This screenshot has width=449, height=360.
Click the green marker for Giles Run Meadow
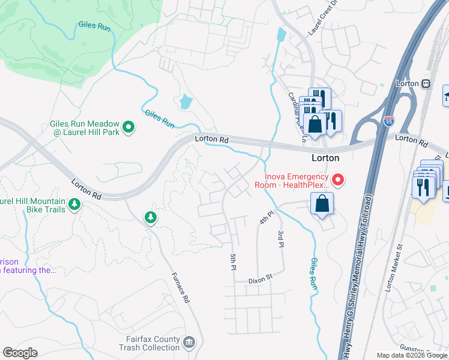point(128,127)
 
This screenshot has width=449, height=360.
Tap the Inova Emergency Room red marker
point(337,179)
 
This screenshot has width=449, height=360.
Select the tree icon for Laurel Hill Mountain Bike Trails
point(74,205)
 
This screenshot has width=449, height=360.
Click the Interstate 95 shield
point(389,121)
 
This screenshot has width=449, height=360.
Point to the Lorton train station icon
point(426,83)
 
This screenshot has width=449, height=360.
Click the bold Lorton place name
point(325,158)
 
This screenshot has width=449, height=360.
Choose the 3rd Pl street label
point(280,238)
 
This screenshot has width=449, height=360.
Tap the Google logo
point(20,353)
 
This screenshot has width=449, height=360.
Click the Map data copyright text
point(411,355)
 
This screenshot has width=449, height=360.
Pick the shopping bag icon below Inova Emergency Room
point(322,203)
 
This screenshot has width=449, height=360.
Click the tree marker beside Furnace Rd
point(150,217)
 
